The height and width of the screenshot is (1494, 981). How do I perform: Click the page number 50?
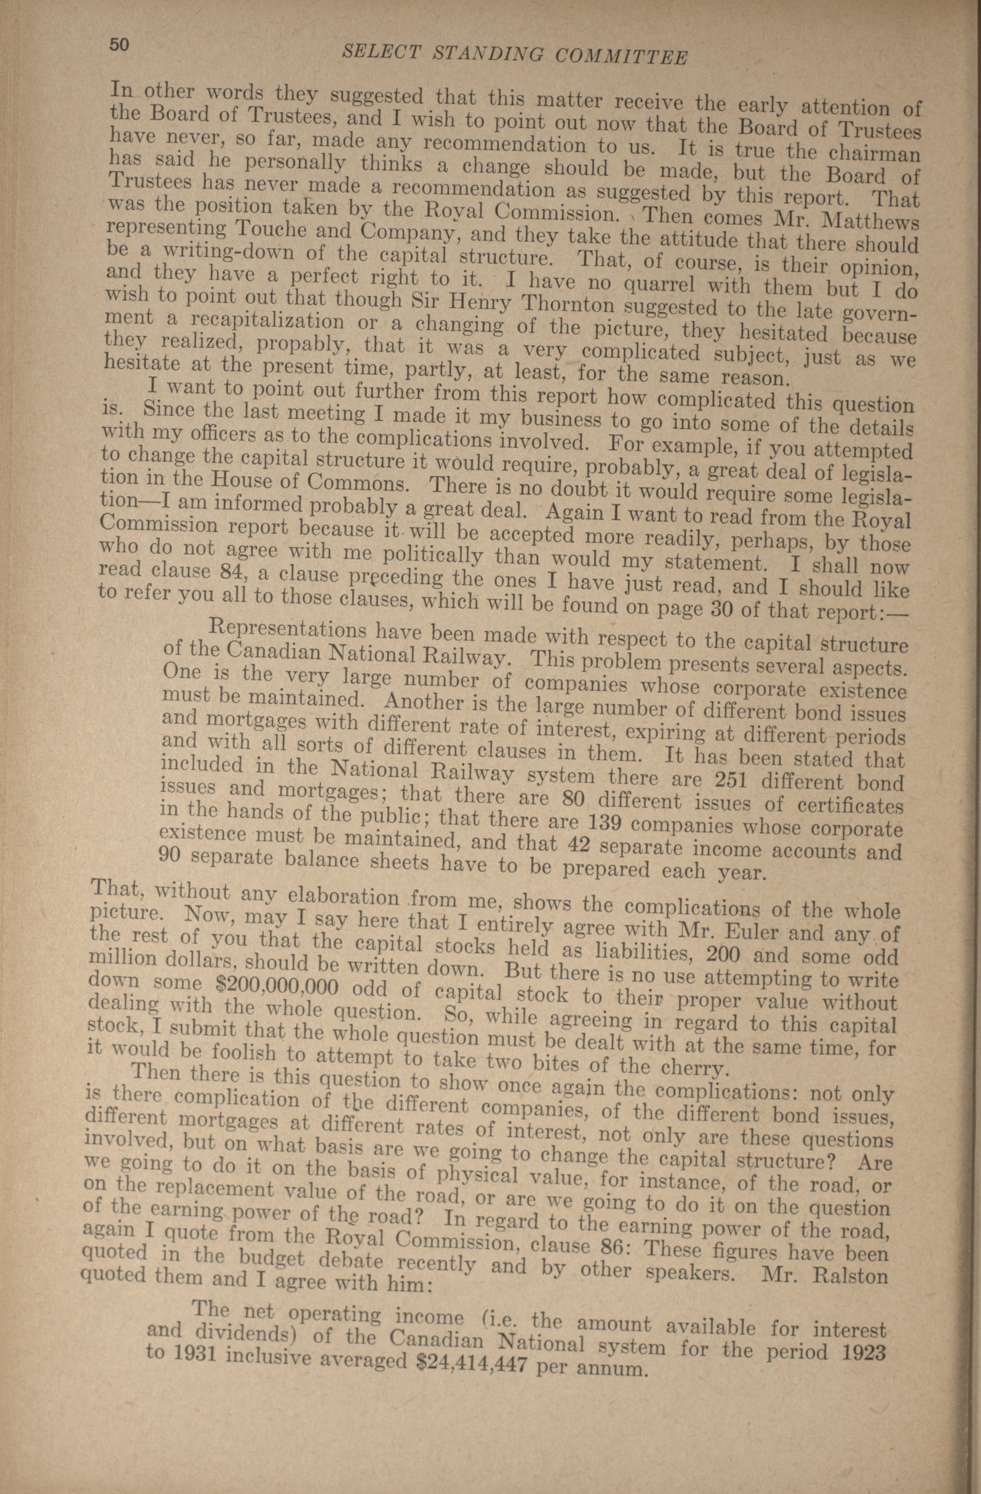119,44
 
